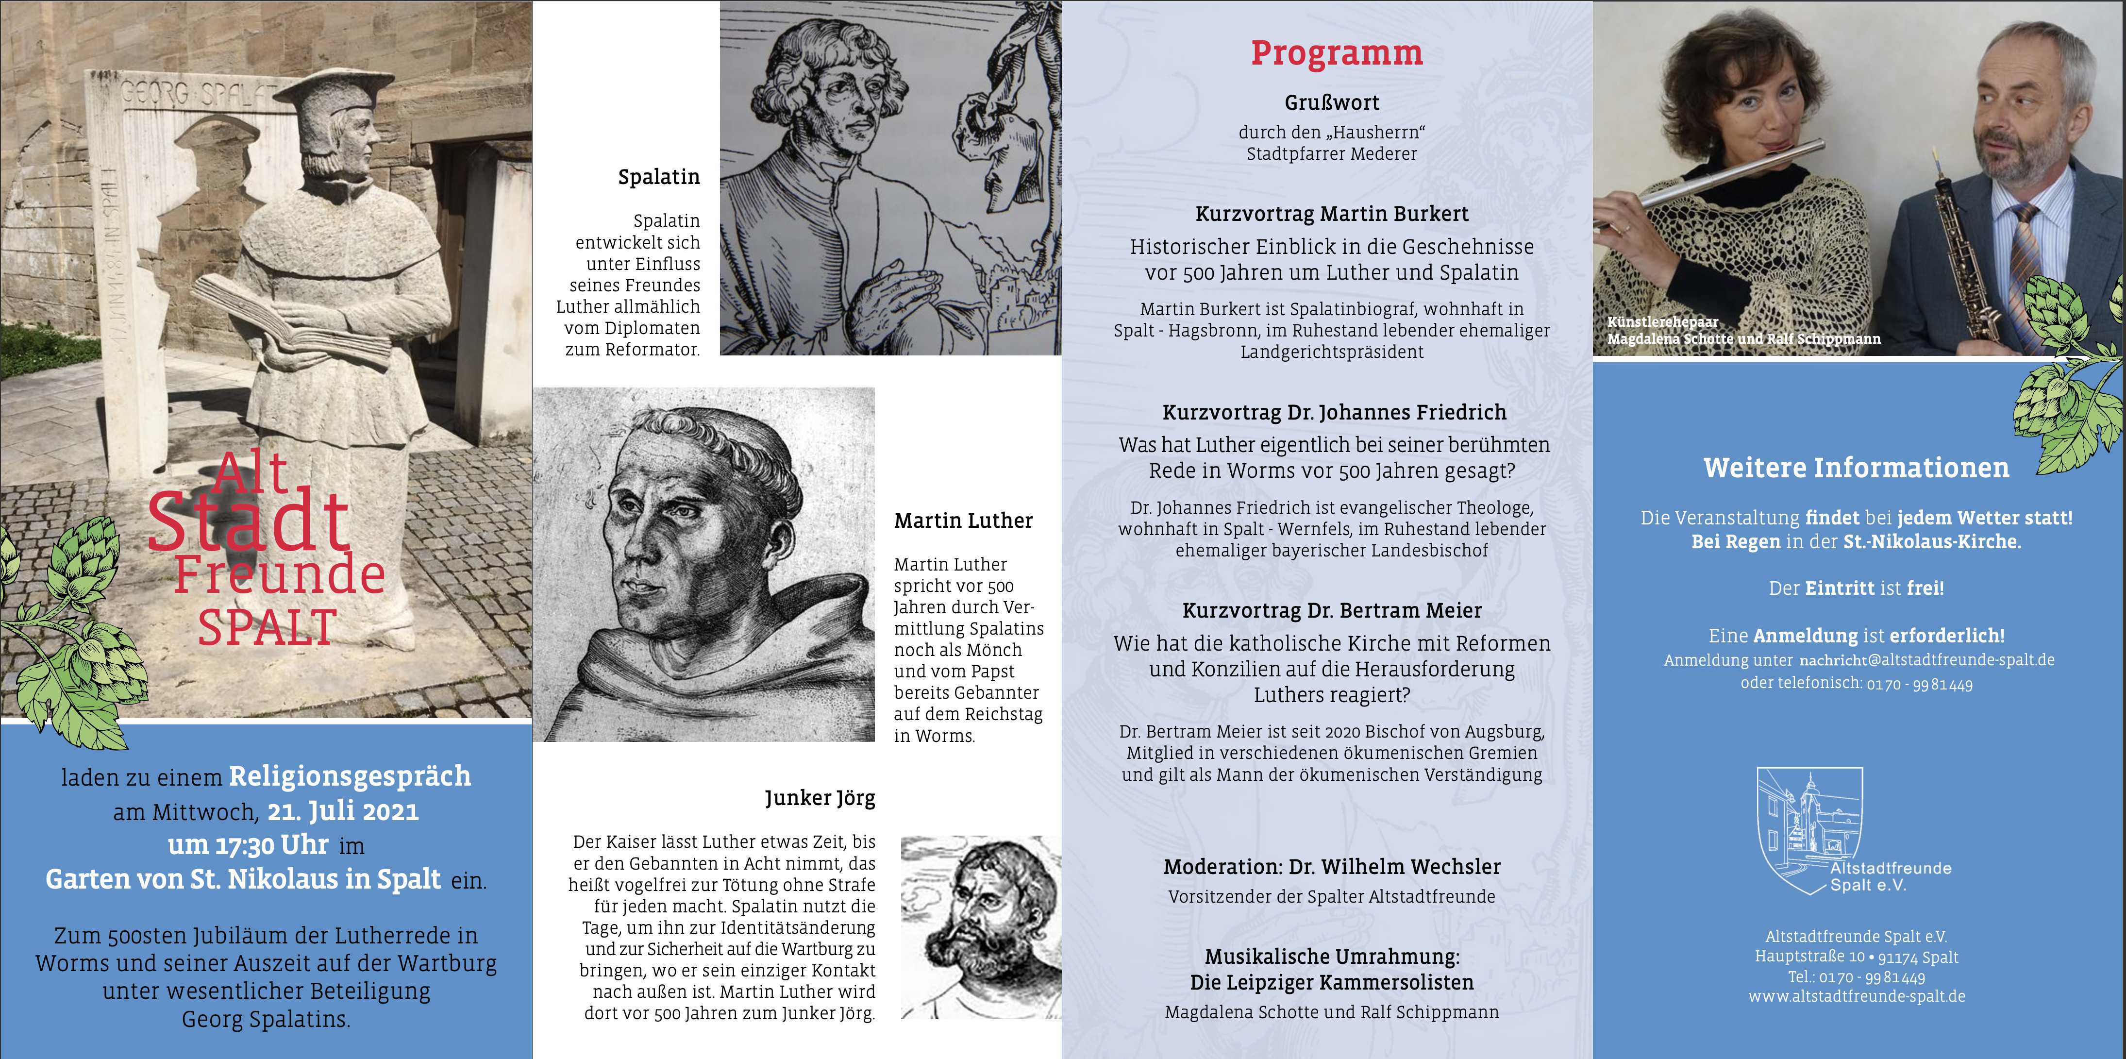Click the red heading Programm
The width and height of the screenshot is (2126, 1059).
(1336, 53)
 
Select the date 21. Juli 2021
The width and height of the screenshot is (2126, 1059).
(342, 811)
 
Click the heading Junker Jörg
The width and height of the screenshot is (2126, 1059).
(820, 798)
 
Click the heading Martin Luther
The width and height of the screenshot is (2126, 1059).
(963, 521)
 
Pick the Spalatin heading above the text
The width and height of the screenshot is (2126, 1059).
(659, 177)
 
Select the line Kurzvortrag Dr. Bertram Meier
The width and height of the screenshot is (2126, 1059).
(1332, 611)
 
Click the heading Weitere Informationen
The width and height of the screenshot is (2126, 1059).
(1856, 468)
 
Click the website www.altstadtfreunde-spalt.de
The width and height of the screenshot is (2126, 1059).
(1856, 996)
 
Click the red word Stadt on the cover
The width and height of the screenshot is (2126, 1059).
(249, 521)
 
